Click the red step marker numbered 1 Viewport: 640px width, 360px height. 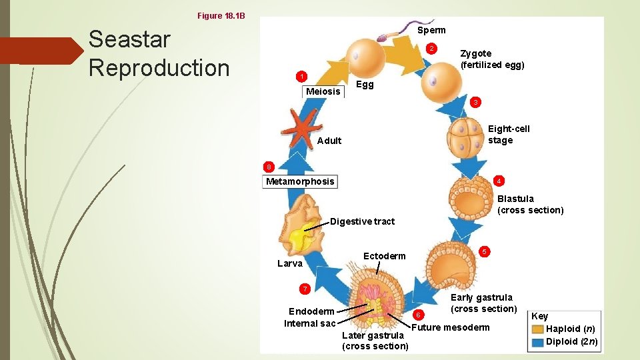(301, 75)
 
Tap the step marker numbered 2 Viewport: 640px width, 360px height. (432, 49)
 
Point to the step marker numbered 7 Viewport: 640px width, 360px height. (305, 289)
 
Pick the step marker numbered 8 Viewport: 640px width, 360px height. (268, 167)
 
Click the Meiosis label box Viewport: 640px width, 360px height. (323, 91)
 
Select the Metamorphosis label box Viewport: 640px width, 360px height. (300, 181)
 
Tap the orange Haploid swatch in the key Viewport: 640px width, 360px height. (537, 329)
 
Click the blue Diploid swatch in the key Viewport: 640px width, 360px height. (537, 342)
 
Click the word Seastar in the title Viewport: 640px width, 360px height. (129, 39)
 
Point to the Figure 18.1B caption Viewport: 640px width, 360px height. (221, 15)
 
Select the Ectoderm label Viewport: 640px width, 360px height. (384, 256)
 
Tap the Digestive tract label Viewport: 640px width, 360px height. (363, 221)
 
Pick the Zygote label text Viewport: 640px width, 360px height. (476, 53)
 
